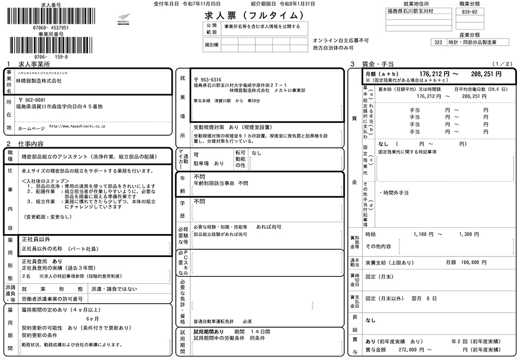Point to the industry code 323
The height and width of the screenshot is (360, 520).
click(x=438, y=43)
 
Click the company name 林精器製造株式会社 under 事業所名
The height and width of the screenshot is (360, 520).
click(x=38, y=82)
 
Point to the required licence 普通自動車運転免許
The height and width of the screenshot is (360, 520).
click(x=214, y=322)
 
